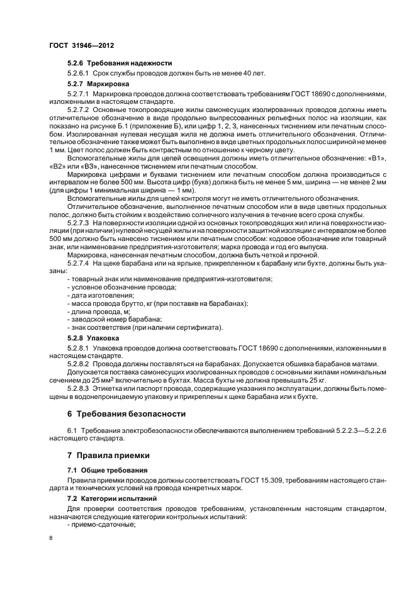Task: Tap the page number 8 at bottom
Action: point(52,538)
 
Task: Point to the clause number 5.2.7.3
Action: point(79,223)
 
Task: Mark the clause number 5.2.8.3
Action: point(79,388)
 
